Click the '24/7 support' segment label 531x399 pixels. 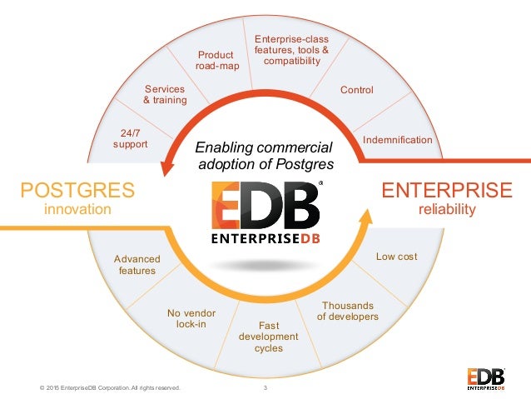click(129, 138)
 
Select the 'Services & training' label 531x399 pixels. click(165, 94)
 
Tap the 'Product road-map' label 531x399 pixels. click(214, 61)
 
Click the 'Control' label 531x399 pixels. click(357, 90)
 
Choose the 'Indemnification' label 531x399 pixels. click(397, 140)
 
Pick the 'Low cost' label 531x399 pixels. click(396, 257)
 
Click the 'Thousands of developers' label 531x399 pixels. click(348, 311)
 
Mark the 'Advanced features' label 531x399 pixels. click(136, 265)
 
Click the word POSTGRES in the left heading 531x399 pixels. click(77, 191)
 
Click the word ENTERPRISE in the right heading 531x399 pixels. click(446, 190)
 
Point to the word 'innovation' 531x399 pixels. click(77, 210)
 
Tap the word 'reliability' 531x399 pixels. click(446, 210)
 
